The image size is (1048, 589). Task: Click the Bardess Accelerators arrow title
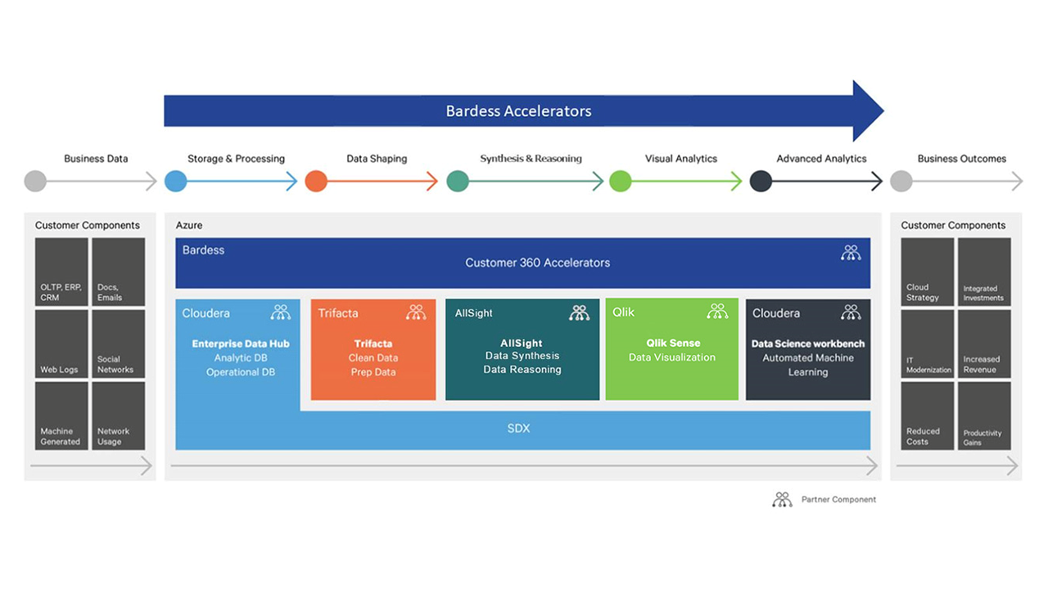click(x=518, y=111)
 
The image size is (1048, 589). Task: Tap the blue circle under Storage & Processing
click(x=176, y=181)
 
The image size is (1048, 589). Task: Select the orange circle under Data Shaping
click(x=316, y=181)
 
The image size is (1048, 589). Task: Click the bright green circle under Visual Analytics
click(x=621, y=181)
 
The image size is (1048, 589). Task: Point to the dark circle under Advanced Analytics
click(x=761, y=181)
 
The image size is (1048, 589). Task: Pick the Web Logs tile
click(x=61, y=344)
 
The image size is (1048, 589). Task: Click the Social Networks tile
click(x=118, y=344)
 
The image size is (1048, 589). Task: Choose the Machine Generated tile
click(x=61, y=416)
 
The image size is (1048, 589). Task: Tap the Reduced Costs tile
click(x=927, y=416)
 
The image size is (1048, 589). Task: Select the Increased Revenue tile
click(x=984, y=344)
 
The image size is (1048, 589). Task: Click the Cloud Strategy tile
click(x=927, y=272)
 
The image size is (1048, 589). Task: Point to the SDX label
click(x=518, y=429)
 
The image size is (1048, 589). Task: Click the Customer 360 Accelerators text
click(x=537, y=263)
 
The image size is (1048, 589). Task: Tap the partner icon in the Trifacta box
click(x=416, y=312)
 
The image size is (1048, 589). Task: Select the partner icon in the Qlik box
click(x=717, y=312)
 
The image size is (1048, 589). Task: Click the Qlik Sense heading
click(x=672, y=344)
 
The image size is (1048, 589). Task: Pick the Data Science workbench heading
click(x=807, y=344)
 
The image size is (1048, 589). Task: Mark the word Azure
click(x=189, y=225)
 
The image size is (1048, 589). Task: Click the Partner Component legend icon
click(x=782, y=499)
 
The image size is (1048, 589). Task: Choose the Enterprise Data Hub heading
click(x=241, y=344)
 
